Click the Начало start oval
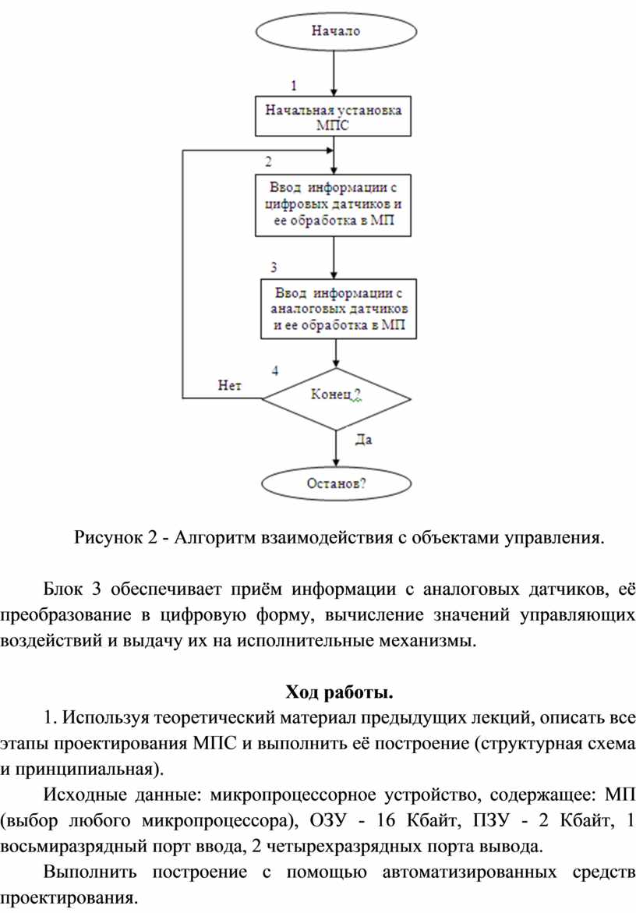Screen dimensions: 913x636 point(335,32)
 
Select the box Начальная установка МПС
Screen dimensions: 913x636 point(334,117)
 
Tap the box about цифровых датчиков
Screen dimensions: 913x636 point(334,205)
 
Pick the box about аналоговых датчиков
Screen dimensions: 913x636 point(337,310)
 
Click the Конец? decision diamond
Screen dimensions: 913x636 point(336,398)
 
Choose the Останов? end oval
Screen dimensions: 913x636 point(337,483)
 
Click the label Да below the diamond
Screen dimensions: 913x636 point(363,441)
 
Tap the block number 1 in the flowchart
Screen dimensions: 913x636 point(294,83)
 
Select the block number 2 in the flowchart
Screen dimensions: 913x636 point(268,162)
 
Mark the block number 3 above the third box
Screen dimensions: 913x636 point(274,267)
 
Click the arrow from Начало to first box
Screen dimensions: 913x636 point(334,73)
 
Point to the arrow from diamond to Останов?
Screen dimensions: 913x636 point(337,448)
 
